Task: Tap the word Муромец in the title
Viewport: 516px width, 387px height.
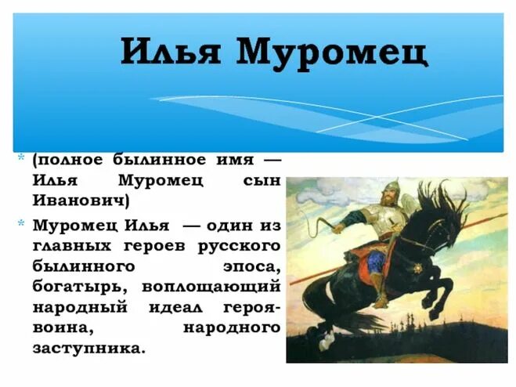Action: tap(332, 52)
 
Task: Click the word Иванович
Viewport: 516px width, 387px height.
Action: tap(81, 201)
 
